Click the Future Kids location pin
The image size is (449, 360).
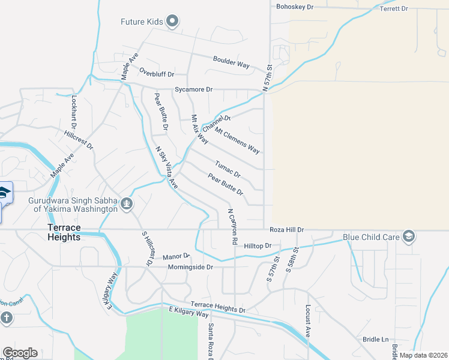click(172, 22)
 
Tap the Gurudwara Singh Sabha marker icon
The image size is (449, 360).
click(126, 204)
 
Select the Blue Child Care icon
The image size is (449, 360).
click(409, 236)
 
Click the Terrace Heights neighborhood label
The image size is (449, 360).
click(73, 232)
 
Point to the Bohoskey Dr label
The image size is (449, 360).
click(295, 7)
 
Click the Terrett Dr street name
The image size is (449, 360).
click(394, 9)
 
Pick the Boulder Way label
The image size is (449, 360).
click(231, 62)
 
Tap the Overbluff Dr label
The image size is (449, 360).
click(156, 74)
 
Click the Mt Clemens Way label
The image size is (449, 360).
click(237, 140)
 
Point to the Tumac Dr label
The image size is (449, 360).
click(228, 169)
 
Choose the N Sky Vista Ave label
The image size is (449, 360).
click(167, 168)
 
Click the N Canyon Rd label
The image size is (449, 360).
click(231, 226)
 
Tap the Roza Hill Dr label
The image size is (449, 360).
click(287, 230)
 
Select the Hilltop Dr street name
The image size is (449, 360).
click(258, 246)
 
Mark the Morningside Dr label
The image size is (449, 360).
click(190, 266)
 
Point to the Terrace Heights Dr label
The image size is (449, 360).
click(218, 308)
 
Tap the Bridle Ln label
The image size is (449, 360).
click(376, 340)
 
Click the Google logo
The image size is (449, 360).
click(20, 353)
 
